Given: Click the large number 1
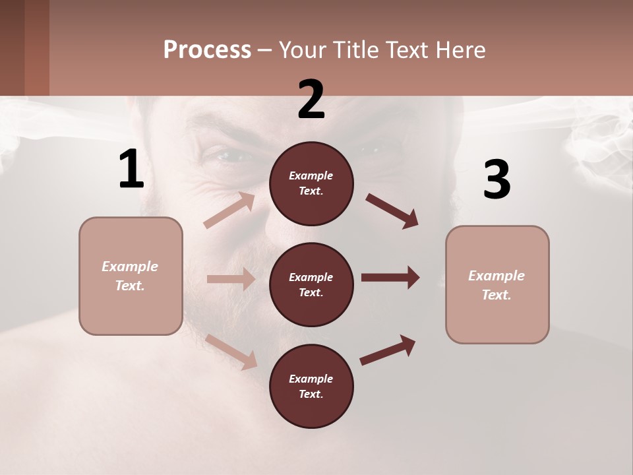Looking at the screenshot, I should point(131,169).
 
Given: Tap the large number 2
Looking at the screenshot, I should point(311,100).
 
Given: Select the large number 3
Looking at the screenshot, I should point(497,179).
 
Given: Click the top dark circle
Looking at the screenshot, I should point(311,183).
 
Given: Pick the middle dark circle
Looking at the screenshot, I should point(311,284).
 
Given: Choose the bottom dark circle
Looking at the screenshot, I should point(311,386).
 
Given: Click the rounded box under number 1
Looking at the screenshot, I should point(131,276).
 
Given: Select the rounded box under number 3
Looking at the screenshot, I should point(497,285).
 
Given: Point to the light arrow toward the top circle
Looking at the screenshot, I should point(229,210).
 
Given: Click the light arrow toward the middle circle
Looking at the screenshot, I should point(231,279).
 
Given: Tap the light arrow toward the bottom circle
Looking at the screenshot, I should point(231,352).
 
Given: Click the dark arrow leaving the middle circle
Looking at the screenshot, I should point(390,278).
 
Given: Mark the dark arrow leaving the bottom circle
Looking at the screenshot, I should point(388,350).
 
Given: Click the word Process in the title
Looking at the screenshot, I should point(207,49).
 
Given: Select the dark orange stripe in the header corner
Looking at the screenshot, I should point(37,47).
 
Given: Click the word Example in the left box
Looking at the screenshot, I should point(130,267).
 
